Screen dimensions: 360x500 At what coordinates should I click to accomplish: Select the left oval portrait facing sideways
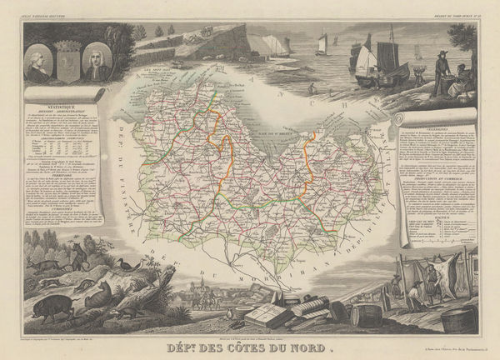click(37, 62)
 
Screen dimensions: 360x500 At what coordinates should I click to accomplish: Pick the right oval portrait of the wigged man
click(97, 62)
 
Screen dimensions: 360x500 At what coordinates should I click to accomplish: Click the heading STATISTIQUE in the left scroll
click(62, 107)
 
